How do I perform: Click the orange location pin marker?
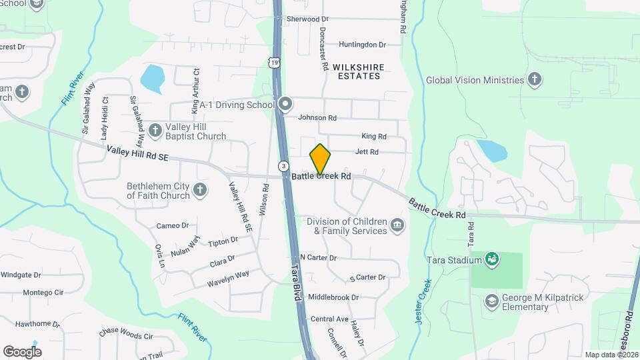(320, 159)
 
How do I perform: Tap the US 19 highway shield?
(274, 62)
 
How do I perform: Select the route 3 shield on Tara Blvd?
(284, 165)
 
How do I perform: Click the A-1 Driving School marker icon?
(285, 104)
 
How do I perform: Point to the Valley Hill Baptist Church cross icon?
(155, 130)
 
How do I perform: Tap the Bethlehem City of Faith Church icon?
(199, 191)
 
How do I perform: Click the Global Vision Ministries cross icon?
(533, 80)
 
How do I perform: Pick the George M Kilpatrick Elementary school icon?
(492, 301)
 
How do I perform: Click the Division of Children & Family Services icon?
(397, 225)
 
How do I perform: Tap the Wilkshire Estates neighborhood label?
(356, 71)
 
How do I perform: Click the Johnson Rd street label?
(317, 118)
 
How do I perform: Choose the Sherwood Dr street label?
(308, 19)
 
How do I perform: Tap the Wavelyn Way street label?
(228, 275)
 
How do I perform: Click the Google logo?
(22, 351)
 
